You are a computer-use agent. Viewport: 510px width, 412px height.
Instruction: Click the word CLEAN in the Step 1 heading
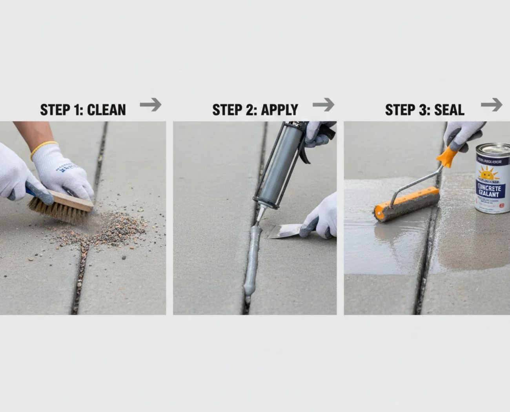(106, 110)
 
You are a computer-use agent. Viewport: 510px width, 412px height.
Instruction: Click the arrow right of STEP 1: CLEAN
(151, 105)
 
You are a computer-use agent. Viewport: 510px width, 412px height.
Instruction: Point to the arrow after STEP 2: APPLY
(324, 105)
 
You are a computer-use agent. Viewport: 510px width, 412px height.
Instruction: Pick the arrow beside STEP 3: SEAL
(492, 105)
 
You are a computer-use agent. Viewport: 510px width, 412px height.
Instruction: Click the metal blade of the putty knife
(284, 232)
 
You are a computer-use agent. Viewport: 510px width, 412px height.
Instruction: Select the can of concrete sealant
(492, 179)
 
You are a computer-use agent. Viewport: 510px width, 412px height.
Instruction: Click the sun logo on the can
(489, 173)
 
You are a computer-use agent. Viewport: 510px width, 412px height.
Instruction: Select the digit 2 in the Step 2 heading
(250, 110)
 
